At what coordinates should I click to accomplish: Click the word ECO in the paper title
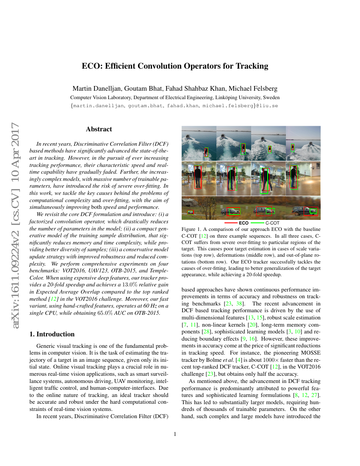pyautogui.click(x=91, y=66)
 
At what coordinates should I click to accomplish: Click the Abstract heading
pyautogui.click(x=99, y=129)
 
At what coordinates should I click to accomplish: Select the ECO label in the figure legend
pyautogui.click(x=244, y=222)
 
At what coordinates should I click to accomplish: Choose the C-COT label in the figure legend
pyautogui.click(x=272, y=222)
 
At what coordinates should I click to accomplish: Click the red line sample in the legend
pyautogui.click(x=230, y=222)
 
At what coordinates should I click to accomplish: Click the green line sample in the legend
pyautogui.click(x=257, y=222)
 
